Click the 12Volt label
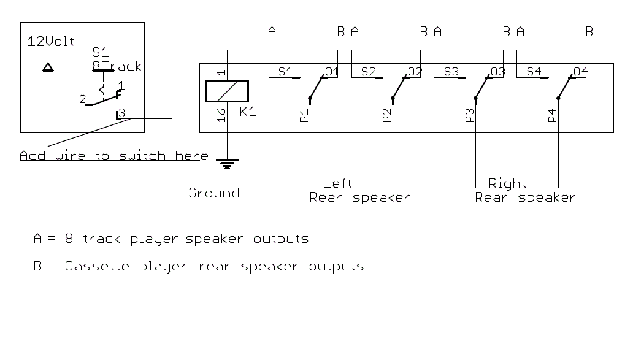(51, 42)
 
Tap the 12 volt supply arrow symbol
(48, 67)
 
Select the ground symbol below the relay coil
(228, 164)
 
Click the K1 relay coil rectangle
(228, 91)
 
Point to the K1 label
(247, 112)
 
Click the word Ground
(214, 193)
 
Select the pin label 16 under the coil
(221, 115)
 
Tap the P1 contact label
(304, 116)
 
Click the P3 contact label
(469, 116)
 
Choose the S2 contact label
(369, 72)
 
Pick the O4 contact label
(580, 72)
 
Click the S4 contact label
(534, 72)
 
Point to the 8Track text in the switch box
(117, 66)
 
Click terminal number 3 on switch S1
(122, 113)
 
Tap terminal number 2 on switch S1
(83, 99)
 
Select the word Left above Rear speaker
(337, 183)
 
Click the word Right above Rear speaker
(507, 184)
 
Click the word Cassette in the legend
(97, 266)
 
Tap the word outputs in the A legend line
(281, 239)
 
